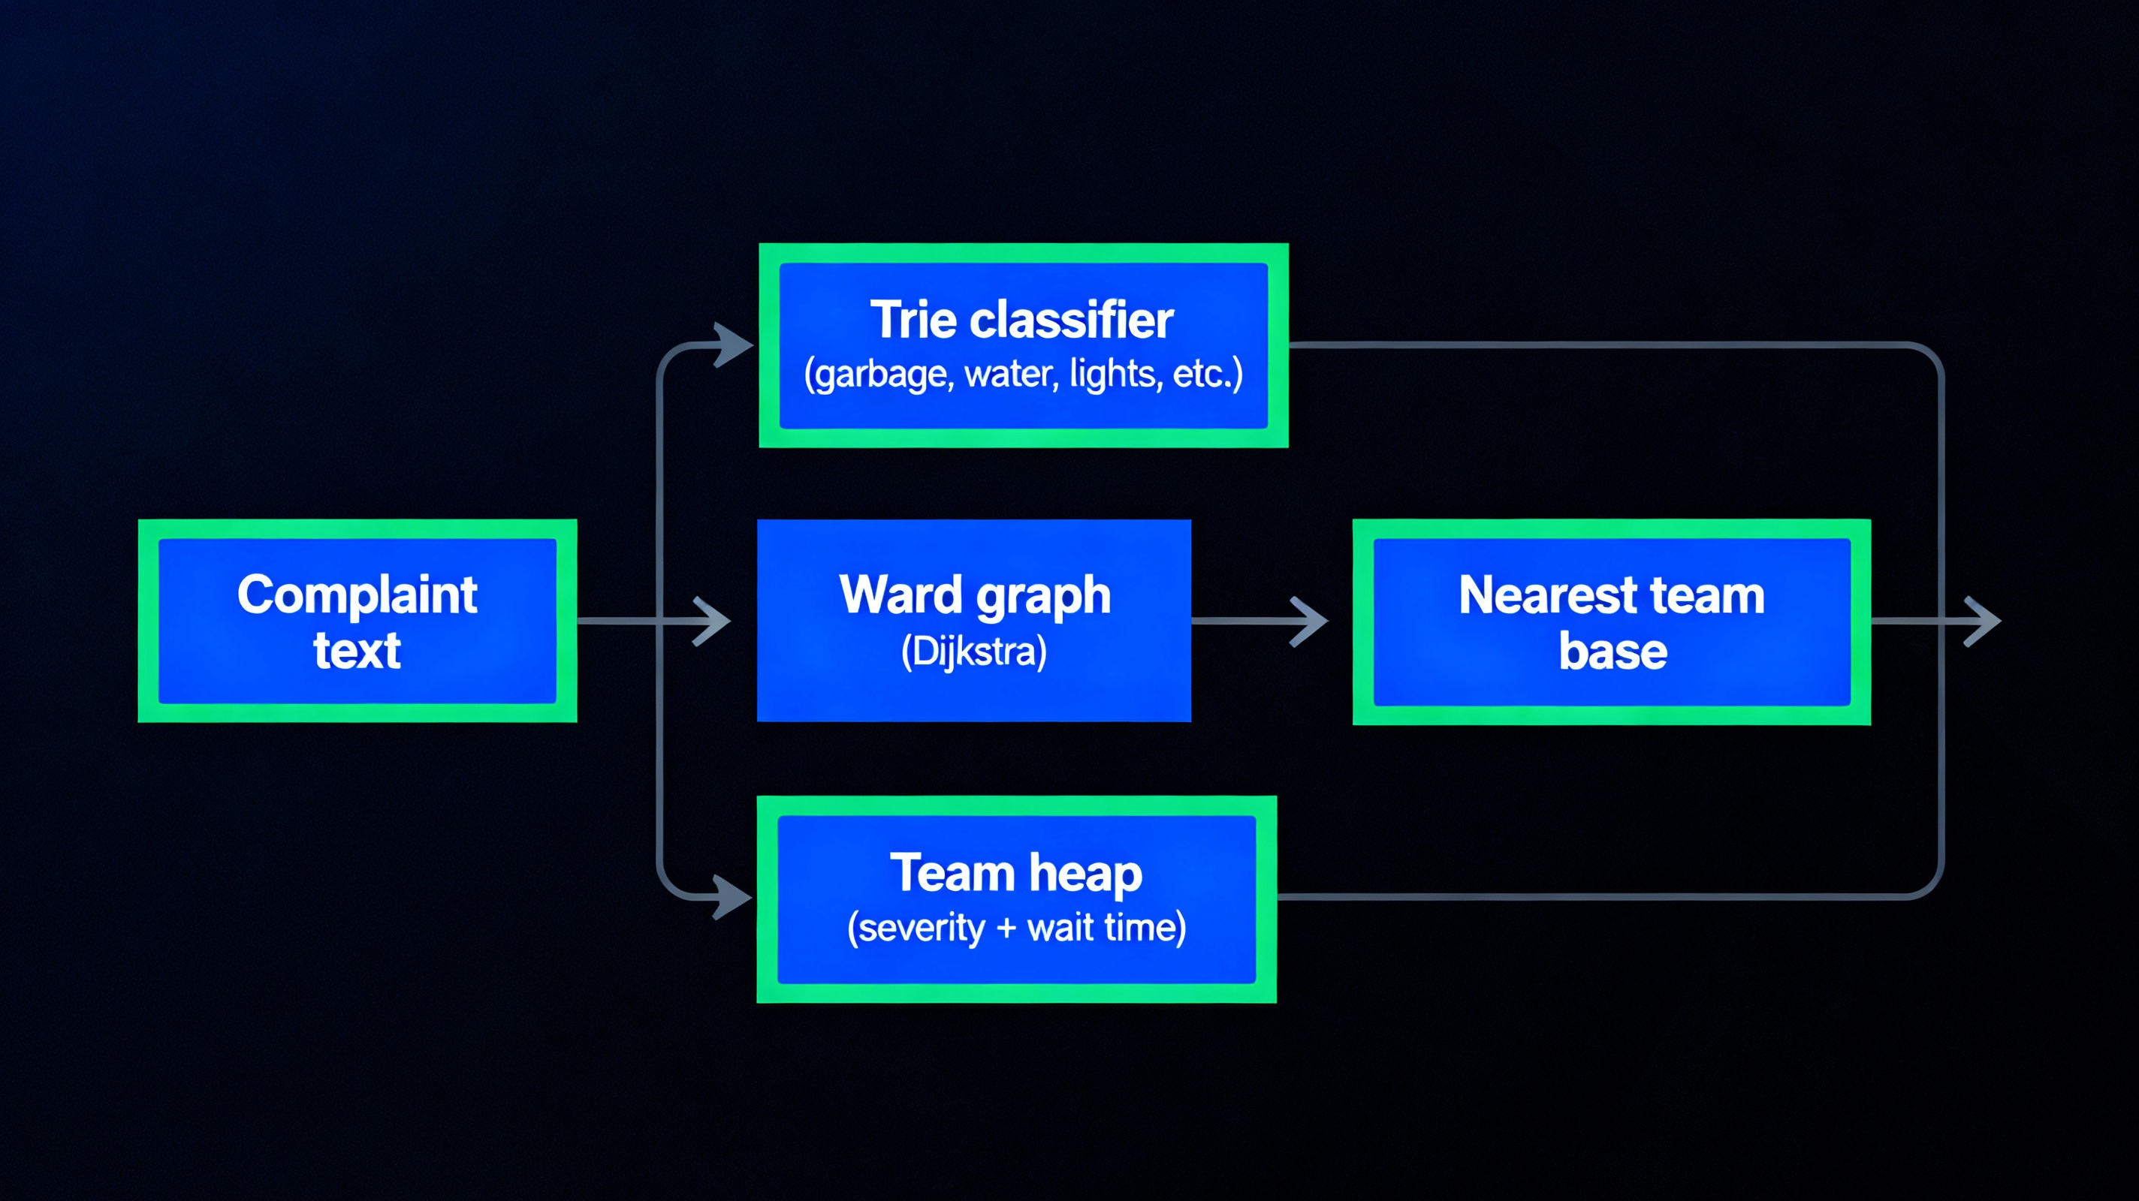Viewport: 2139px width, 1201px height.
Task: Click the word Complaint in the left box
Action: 356,595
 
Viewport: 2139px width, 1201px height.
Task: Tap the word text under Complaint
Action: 356,650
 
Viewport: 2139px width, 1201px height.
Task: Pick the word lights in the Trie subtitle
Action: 1115,374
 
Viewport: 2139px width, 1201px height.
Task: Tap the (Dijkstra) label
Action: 973,652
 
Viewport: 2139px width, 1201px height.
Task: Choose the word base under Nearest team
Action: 1612,652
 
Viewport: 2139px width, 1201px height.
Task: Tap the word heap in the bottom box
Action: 1085,874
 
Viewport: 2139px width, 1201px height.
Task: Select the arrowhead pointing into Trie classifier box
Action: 732,345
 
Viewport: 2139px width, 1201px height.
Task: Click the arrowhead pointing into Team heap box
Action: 732,897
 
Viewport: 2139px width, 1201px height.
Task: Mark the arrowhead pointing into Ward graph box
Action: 713,621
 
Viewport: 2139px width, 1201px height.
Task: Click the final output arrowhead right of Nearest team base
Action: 1983,621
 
